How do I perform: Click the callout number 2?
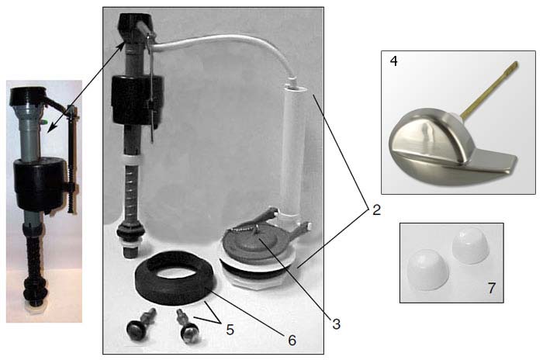click(375, 210)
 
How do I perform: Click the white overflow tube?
click(295, 155)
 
